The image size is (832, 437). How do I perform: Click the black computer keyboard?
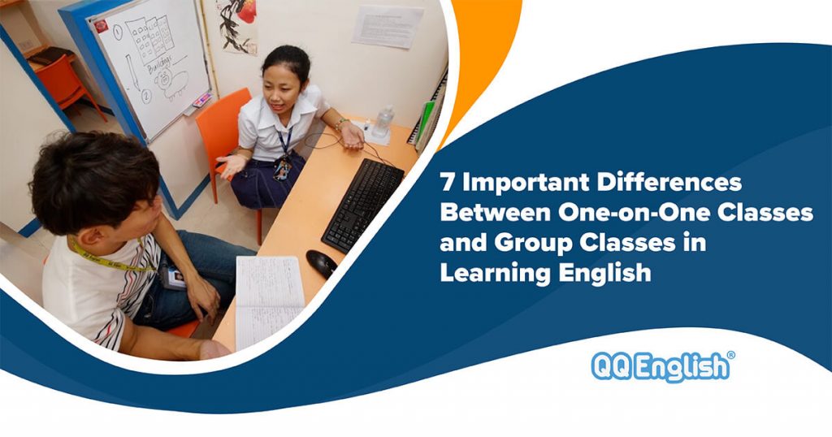362,203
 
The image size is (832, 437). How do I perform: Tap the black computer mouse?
322,262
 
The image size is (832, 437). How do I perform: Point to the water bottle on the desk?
382,122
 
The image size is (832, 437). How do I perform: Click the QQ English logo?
660,367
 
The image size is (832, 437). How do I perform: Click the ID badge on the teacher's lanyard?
284,167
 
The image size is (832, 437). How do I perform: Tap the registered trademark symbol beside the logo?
730,356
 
